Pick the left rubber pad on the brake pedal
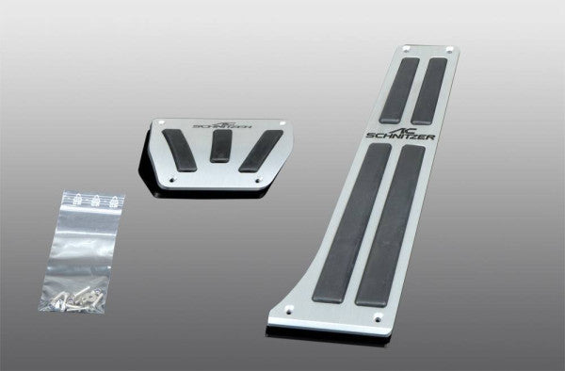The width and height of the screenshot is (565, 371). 180,150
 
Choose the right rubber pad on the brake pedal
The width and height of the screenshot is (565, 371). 261,148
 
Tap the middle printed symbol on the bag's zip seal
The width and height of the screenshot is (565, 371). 95,200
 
